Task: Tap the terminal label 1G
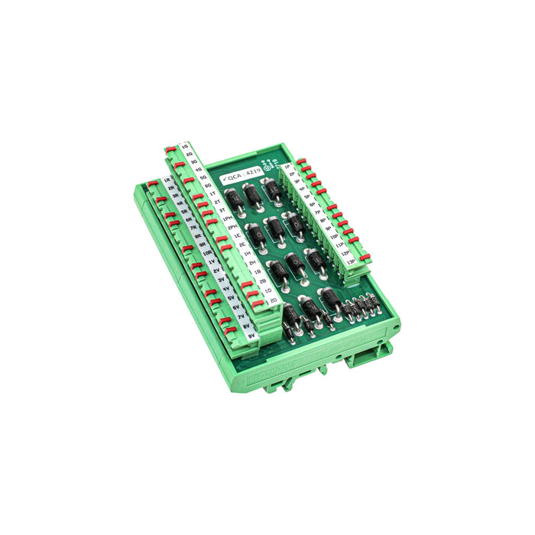[184, 145]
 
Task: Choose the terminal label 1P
[287, 166]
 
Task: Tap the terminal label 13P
[352, 261]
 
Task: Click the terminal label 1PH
[226, 219]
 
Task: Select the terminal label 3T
[221, 209]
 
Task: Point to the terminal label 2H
[251, 262]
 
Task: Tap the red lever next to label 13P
[365, 256]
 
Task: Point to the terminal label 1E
[236, 238]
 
